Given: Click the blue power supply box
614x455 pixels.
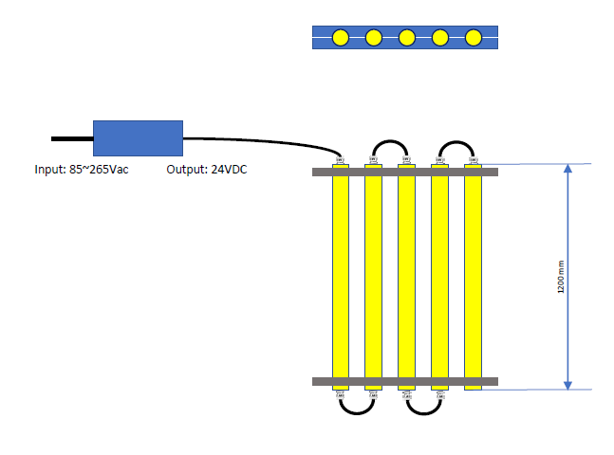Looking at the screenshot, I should [x=138, y=137].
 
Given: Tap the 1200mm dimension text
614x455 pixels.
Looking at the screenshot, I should [x=560, y=276].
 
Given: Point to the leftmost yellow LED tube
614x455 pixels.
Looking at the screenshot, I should [x=341, y=275].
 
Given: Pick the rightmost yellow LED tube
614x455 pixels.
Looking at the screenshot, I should [x=473, y=275].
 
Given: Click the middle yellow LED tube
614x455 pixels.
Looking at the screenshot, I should [x=406, y=275].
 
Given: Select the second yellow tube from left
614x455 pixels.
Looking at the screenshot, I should [x=373, y=275].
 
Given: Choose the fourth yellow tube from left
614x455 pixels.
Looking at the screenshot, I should [x=439, y=275].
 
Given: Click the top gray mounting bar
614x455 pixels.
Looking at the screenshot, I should [x=405, y=172].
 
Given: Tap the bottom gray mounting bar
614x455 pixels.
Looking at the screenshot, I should [x=405, y=382].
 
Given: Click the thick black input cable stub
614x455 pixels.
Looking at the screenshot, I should [x=71, y=138].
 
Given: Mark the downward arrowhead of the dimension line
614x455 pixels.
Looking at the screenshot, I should [x=567, y=384].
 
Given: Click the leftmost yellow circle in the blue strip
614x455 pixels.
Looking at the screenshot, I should [x=341, y=38].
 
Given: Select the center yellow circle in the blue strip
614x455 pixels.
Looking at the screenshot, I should [x=406, y=38].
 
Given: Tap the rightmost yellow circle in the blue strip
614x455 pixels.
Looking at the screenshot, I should [x=473, y=38].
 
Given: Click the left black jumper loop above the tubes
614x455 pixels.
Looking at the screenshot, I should [x=389, y=143].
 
